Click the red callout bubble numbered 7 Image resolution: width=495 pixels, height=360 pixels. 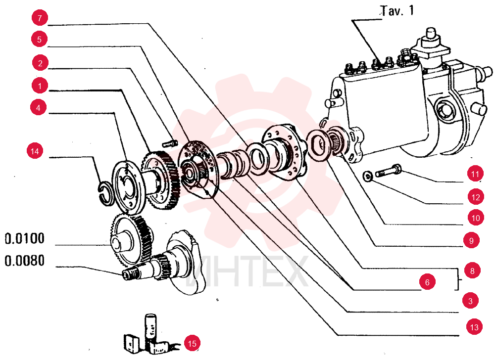40,18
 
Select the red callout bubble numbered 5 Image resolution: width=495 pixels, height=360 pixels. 39,40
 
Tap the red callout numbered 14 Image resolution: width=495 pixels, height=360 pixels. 35,151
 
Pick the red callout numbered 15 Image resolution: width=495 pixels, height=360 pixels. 192,343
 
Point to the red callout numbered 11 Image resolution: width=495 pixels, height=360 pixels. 475,174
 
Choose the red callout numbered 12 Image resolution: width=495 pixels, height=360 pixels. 476,197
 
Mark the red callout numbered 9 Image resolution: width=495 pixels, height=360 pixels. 472,240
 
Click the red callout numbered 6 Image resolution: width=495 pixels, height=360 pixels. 428,282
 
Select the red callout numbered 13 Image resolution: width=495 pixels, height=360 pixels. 474,327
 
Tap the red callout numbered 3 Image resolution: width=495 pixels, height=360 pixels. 471,301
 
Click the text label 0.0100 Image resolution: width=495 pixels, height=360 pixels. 25,239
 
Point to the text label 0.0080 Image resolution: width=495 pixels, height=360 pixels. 25,261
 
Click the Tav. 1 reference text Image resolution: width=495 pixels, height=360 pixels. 397,11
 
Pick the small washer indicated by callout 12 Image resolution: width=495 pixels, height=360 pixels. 368,176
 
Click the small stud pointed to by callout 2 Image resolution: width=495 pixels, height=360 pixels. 170,143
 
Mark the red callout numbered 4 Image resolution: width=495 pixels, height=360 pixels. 38,107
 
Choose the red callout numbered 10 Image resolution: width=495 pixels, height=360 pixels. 476,218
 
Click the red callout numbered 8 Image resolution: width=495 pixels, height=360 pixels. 472,270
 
